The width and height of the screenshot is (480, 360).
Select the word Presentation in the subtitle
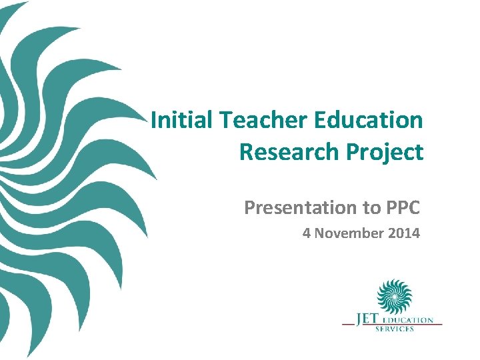[x=300, y=208]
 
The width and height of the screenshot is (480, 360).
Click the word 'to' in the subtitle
[x=370, y=208]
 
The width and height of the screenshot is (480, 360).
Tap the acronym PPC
[x=402, y=208]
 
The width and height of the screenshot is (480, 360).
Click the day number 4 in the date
[x=306, y=233]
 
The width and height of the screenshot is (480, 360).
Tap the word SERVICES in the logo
[x=395, y=329]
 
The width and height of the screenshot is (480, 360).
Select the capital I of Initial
[x=154, y=121]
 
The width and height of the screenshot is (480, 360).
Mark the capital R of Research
[x=245, y=152]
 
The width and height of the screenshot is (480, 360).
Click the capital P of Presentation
[x=249, y=208]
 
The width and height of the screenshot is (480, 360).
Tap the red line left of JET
[x=348, y=323]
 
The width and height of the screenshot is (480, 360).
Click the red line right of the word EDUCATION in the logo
[x=438, y=323]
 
